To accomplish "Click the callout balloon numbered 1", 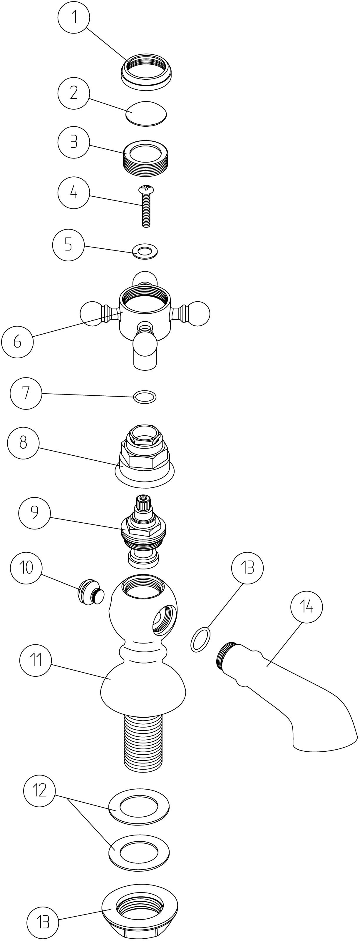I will click(74, 17).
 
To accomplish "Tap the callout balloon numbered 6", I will click(17, 342).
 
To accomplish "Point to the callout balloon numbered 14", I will click(306, 607).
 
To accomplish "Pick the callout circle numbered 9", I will click(34, 512).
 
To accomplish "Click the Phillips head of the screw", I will click(146, 189).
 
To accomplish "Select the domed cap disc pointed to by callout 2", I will click(146, 113).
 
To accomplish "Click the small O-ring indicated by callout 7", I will click(145, 397).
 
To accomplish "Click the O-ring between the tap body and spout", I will click(200, 640).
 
